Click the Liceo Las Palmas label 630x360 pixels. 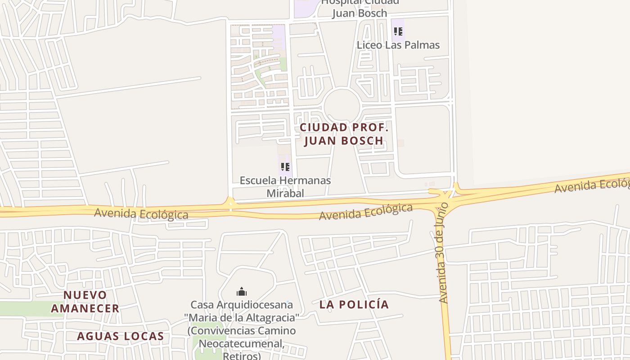point(398,45)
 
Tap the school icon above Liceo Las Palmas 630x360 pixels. point(398,31)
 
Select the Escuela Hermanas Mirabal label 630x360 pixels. point(285,186)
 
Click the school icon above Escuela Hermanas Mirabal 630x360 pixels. point(285,167)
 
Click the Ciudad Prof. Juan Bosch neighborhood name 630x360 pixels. point(344,134)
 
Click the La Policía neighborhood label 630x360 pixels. point(354,305)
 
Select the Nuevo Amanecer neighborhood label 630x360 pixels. point(85,301)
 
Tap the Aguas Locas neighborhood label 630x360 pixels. point(120,336)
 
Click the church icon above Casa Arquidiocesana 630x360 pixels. point(242,292)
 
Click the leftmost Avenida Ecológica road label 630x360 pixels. point(141,213)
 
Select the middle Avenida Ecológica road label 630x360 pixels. point(365,212)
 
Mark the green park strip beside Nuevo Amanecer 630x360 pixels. point(27,309)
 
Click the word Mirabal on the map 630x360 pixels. point(285,193)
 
